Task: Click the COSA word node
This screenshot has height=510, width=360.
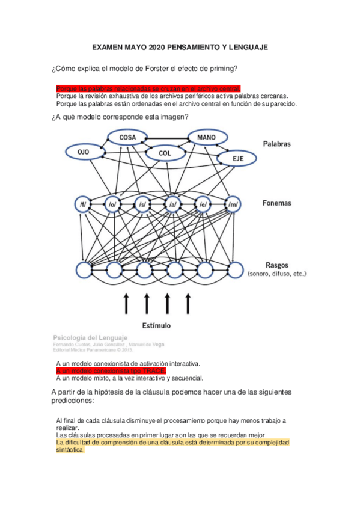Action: (127, 137)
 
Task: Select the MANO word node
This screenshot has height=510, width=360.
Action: (207, 137)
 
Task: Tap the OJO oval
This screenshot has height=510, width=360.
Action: (84, 152)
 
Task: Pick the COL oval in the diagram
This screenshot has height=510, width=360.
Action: (165, 153)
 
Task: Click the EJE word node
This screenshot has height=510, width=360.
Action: (238, 158)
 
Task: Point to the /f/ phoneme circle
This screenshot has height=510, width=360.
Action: (82, 204)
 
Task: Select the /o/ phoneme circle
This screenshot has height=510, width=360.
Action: (112, 204)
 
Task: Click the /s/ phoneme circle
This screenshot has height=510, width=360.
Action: (142, 204)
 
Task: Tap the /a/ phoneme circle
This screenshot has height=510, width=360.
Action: (172, 204)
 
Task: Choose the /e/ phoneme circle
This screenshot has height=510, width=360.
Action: (203, 204)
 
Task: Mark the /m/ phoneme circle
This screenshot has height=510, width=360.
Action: (233, 204)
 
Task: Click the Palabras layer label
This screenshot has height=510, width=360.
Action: (277, 144)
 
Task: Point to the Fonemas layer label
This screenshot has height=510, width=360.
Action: (276, 203)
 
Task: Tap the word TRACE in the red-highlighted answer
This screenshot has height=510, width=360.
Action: (154, 371)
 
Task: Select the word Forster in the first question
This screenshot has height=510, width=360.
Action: (152, 69)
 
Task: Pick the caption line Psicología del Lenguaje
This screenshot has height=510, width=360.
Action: (87, 337)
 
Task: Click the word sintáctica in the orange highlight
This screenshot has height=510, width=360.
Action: (70, 449)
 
